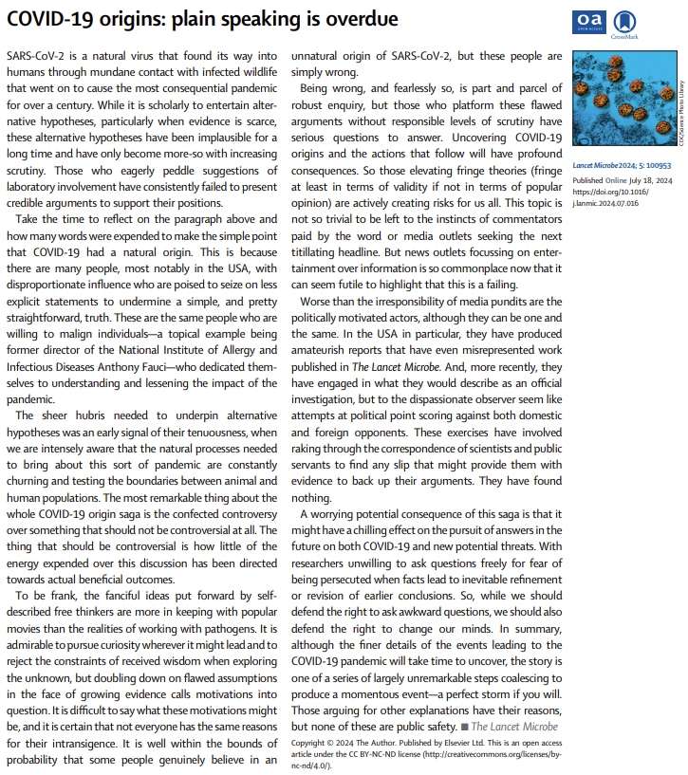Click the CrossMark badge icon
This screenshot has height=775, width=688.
click(625, 22)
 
